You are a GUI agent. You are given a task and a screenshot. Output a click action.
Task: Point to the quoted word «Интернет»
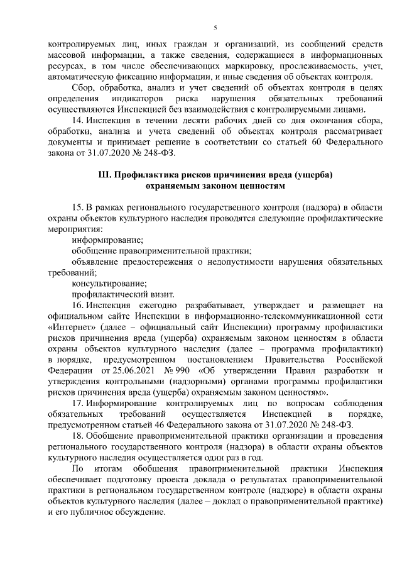pyautogui.click(x=70, y=327)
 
